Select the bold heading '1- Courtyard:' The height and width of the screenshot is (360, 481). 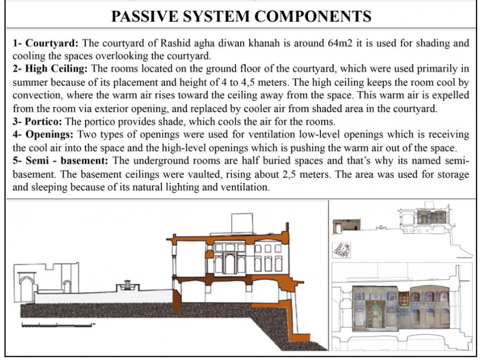pos(46,43)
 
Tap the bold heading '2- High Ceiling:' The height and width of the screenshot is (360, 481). pos(50,69)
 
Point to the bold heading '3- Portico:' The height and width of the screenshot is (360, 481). pos(37,122)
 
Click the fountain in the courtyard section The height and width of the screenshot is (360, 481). pos(128,286)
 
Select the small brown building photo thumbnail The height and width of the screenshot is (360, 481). pos(346,227)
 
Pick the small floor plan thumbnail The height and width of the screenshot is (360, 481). pos(341,250)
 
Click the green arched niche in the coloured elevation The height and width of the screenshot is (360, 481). pos(377,313)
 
